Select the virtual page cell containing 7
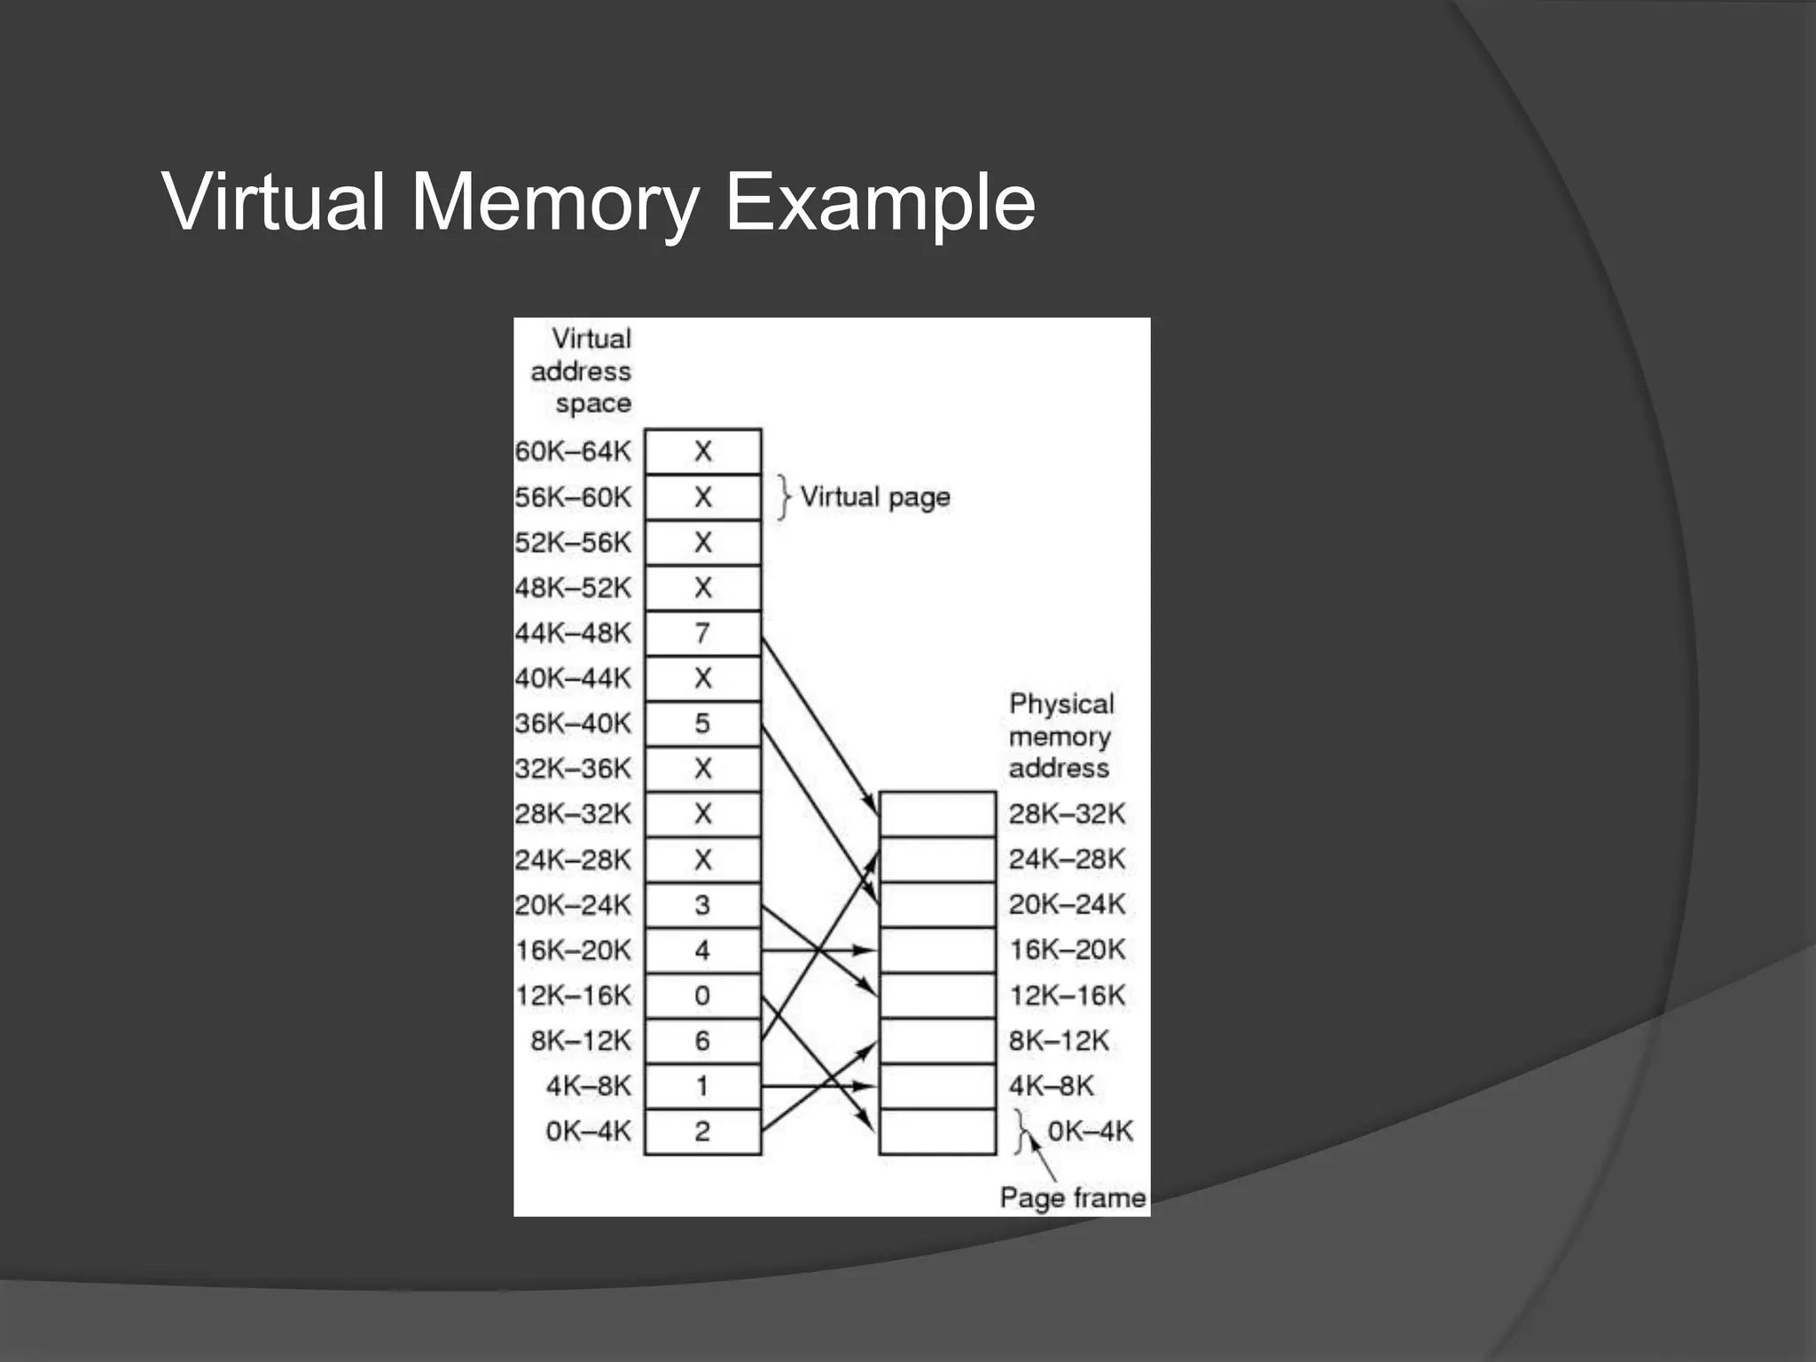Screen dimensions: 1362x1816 (702, 633)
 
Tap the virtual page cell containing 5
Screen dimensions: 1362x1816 (702, 724)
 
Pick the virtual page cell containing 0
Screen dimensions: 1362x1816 (702, 996)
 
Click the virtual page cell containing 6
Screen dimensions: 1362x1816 (702, 1041)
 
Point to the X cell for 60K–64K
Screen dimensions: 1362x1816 (702, 451)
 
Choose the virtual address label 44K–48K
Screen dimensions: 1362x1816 (573, 633)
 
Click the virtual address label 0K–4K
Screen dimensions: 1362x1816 (588, 1131)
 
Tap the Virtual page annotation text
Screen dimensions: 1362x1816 (874, 497)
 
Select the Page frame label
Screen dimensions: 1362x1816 (1072, 1198)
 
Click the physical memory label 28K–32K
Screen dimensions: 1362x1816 (1067, 813)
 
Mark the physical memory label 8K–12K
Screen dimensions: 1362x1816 (1059, 1040)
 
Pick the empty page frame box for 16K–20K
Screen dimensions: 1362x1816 (937, 950)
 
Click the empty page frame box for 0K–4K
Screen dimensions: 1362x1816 (937, 1131)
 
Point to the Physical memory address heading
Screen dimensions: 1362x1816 (1061, 735)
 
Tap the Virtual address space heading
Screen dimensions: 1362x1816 (583, 371)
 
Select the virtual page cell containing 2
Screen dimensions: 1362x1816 (702, 1131)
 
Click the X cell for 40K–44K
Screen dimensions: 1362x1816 (702, 678)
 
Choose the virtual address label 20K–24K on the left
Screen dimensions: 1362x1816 (573, 905)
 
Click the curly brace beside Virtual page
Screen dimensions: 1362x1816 (783, 497)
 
